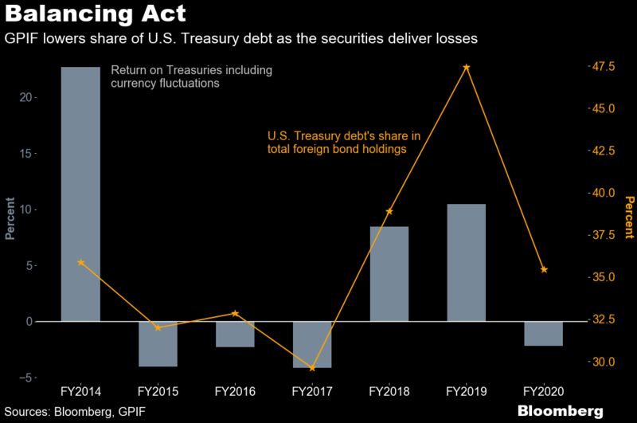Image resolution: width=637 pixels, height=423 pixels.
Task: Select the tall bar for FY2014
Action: point(80,194)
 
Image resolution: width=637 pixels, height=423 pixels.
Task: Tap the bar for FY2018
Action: point(389,274)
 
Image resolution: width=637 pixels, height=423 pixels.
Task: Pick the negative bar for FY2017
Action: point(312,344)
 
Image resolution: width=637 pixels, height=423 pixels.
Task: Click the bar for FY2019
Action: point(467,263)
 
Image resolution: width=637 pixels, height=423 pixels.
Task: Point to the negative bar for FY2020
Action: point(544,333)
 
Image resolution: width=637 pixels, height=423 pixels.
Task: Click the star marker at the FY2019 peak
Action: point(467,68)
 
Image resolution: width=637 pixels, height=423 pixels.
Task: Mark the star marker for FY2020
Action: point(544,270)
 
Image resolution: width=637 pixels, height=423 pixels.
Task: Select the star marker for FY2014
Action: point(80,262)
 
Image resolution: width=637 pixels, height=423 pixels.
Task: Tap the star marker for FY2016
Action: point(235,313)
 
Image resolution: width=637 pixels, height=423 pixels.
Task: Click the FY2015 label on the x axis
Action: point(158,392)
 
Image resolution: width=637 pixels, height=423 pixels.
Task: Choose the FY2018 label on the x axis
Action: point(389,392)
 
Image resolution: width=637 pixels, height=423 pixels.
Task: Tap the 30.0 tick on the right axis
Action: point(600,362)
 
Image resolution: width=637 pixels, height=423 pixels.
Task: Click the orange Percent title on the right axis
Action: point(628,217)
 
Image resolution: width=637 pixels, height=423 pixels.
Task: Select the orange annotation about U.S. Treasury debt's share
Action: point(343,142)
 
